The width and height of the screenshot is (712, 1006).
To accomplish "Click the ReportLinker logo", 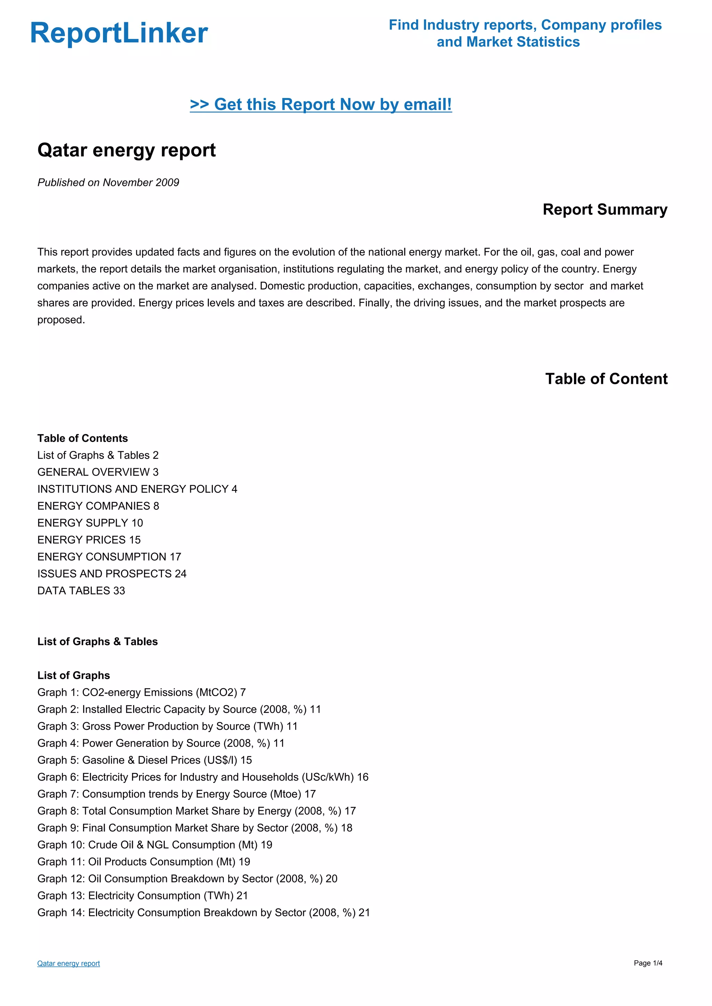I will point(119,33).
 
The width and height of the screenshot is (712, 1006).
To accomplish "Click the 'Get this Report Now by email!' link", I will point(321,104).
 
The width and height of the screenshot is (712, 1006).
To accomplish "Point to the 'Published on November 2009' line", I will point(108,183).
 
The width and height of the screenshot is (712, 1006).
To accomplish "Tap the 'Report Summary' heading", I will point(605,209).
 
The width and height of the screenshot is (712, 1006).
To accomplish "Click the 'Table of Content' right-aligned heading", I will point(606,379).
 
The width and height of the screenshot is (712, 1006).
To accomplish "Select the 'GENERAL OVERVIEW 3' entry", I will point(98,472).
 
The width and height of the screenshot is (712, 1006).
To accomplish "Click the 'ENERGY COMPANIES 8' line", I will point(98,506).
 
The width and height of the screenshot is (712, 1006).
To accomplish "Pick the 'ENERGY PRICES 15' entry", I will point(89,540).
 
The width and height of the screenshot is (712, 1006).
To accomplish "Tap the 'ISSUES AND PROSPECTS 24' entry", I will point(112,574).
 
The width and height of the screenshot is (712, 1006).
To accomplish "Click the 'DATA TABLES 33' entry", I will point(81,591).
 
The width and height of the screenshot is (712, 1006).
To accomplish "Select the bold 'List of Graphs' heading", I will point(74,675).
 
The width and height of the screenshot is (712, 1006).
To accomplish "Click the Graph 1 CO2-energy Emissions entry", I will point(141,692).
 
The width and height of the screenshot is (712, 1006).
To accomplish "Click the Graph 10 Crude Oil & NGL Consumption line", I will point(154,845).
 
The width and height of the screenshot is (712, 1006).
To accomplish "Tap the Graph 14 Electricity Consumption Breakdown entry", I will point(203,913).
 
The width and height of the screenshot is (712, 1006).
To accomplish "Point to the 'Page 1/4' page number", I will point(648,963).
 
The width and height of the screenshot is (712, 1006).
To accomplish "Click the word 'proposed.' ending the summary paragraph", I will point(61,320).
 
